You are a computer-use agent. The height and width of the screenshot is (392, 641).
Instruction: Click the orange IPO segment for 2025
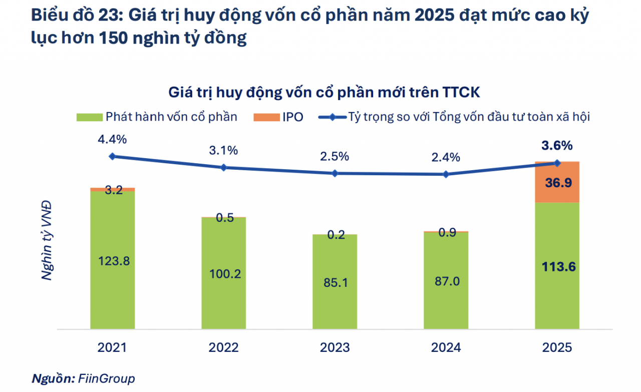557,182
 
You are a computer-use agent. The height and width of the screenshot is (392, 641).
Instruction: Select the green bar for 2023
335,300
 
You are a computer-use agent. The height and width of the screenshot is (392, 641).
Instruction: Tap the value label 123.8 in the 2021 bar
113,260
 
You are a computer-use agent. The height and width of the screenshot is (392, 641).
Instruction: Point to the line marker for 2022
223,167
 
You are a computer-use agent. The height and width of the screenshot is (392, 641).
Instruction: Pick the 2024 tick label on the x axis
446,347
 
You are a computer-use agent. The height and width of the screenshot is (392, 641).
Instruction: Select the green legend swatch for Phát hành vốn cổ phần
89,117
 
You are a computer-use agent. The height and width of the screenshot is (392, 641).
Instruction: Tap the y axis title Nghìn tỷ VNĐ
47,240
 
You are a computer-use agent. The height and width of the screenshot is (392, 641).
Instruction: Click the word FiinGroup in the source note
106,378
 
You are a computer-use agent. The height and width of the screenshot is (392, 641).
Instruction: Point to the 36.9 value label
557,183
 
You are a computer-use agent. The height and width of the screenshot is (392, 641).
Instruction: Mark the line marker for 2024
446,174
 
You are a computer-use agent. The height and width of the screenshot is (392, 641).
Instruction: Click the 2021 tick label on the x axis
112,347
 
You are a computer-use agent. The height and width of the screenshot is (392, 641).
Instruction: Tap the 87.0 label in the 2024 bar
446,282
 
